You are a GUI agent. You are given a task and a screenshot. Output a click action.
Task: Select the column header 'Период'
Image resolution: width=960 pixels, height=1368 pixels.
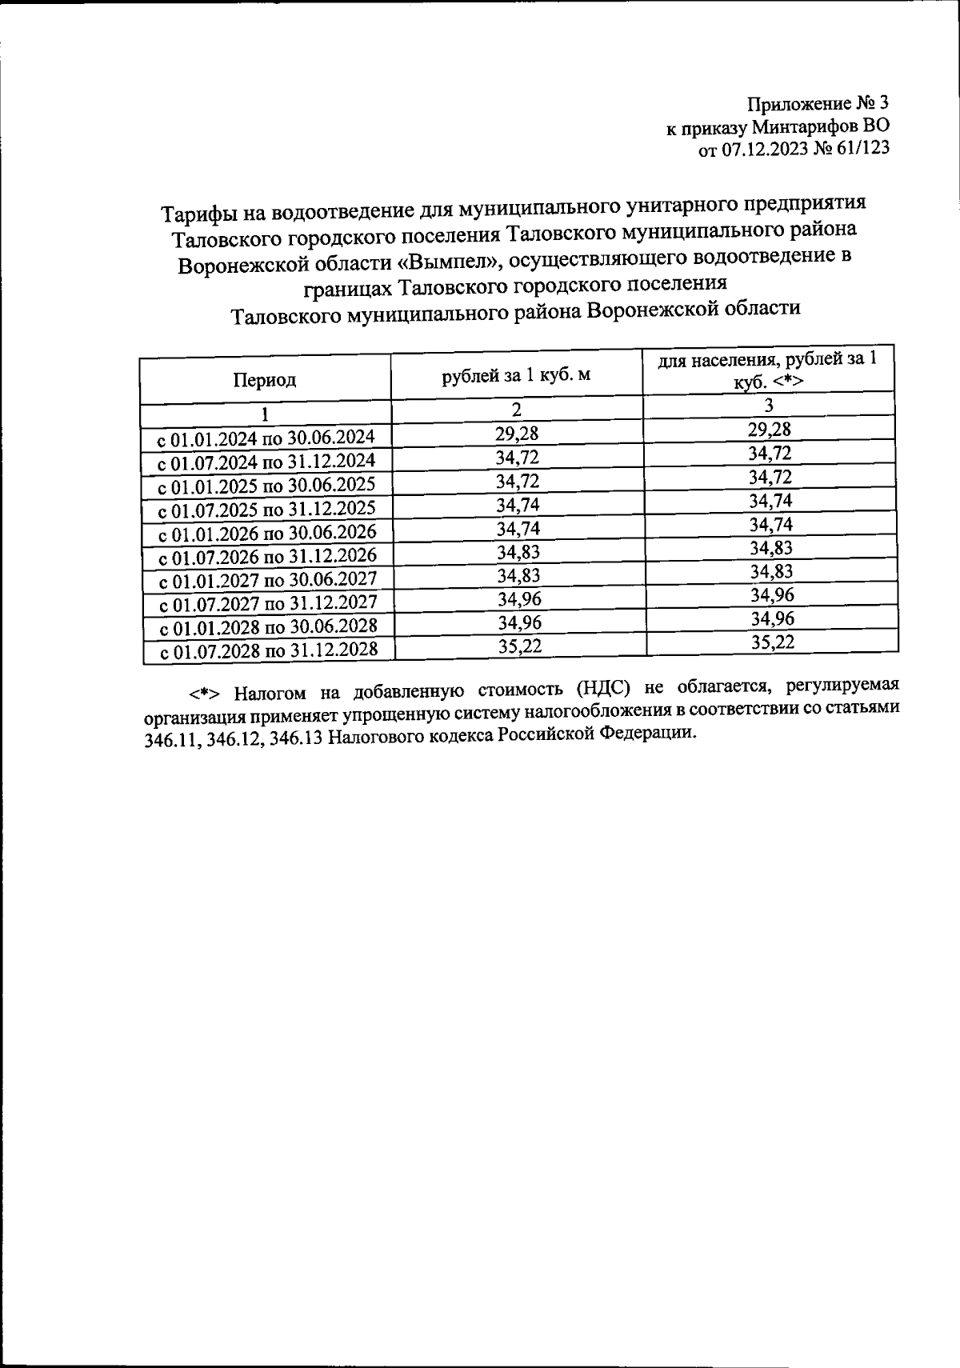[x=265, y=379]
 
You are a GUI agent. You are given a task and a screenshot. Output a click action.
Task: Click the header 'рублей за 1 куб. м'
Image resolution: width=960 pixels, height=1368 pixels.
[x=516, y=374]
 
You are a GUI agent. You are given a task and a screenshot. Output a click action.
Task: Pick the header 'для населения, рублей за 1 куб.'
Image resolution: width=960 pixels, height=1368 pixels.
[x=767, y=370]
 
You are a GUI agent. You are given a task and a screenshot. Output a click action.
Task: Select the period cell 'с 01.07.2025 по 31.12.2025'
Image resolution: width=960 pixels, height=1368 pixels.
[x=266, y=509]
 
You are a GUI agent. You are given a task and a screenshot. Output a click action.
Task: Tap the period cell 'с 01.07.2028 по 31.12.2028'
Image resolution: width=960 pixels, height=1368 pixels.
[x=267, y=650]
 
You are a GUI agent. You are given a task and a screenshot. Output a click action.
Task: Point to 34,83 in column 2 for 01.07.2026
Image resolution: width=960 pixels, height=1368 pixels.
[x=518, y=552]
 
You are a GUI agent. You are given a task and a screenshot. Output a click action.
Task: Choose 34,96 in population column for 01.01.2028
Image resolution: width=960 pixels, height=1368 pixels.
[x=772, y=618]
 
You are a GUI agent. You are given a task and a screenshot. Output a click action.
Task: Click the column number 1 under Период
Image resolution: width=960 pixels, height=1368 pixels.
[x=264, y=415]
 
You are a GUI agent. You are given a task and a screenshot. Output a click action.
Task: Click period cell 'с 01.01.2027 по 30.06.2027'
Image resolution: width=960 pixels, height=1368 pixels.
[x=266, y=580]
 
